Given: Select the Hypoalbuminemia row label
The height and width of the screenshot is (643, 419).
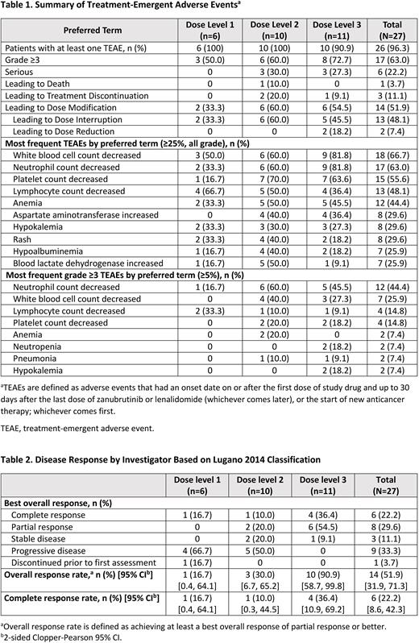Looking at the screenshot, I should (x=48, y=253).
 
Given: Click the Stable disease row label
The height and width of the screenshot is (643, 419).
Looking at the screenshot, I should (x=46, y=539).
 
